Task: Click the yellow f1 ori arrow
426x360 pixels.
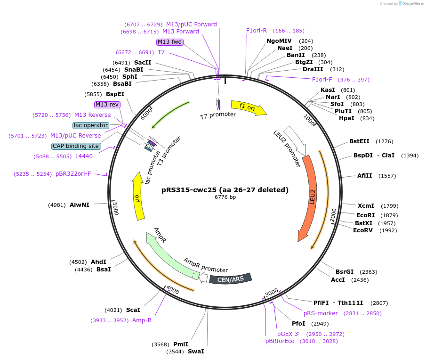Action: pos(248,107)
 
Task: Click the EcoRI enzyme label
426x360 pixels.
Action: pos(365,215)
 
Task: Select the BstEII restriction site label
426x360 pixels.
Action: pos(359,141)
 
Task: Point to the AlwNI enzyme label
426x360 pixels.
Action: pos(79,205)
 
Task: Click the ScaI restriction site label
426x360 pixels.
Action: pos(133,310)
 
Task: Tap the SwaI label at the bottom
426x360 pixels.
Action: pos(196,352)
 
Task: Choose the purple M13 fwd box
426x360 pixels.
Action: pos(169,42)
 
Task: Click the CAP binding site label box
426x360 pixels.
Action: pos(76,146)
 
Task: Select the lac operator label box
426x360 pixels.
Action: pos(91,125)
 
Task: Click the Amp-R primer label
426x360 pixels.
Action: pos(142,320)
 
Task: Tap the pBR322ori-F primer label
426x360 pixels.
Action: pos(73,174)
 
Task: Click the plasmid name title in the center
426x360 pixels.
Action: pos(225,190)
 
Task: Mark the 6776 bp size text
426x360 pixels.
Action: pos(225,197)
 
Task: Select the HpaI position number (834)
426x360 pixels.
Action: pos(367,118)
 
